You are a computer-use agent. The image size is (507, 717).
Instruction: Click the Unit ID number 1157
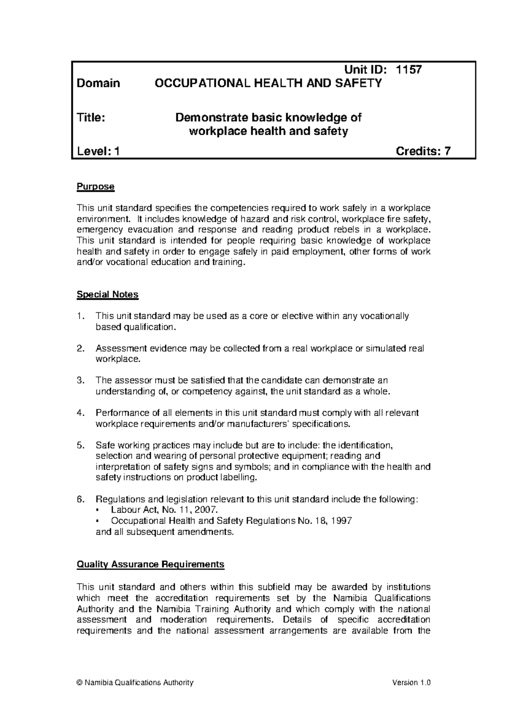pyautogui.click(x=408, y=70)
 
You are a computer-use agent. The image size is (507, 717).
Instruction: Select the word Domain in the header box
pyautogui.click(x=98, y=83)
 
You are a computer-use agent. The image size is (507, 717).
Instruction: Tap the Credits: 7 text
pyautogui.click(x=423, y=151)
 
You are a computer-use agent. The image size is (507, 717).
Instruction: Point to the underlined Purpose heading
pyautogui.click(x=95, y=187)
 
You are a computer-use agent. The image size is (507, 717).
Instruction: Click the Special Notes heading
pyautogui.click(x=107, y=294)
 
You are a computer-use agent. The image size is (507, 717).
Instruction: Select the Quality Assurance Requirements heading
pyautogui.click(x=150, y=565)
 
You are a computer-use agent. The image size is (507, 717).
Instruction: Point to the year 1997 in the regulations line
pyautogui.click(x=342, y=521)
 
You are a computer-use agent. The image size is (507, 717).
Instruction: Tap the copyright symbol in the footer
pyautogui.click(x=79, y=683)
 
